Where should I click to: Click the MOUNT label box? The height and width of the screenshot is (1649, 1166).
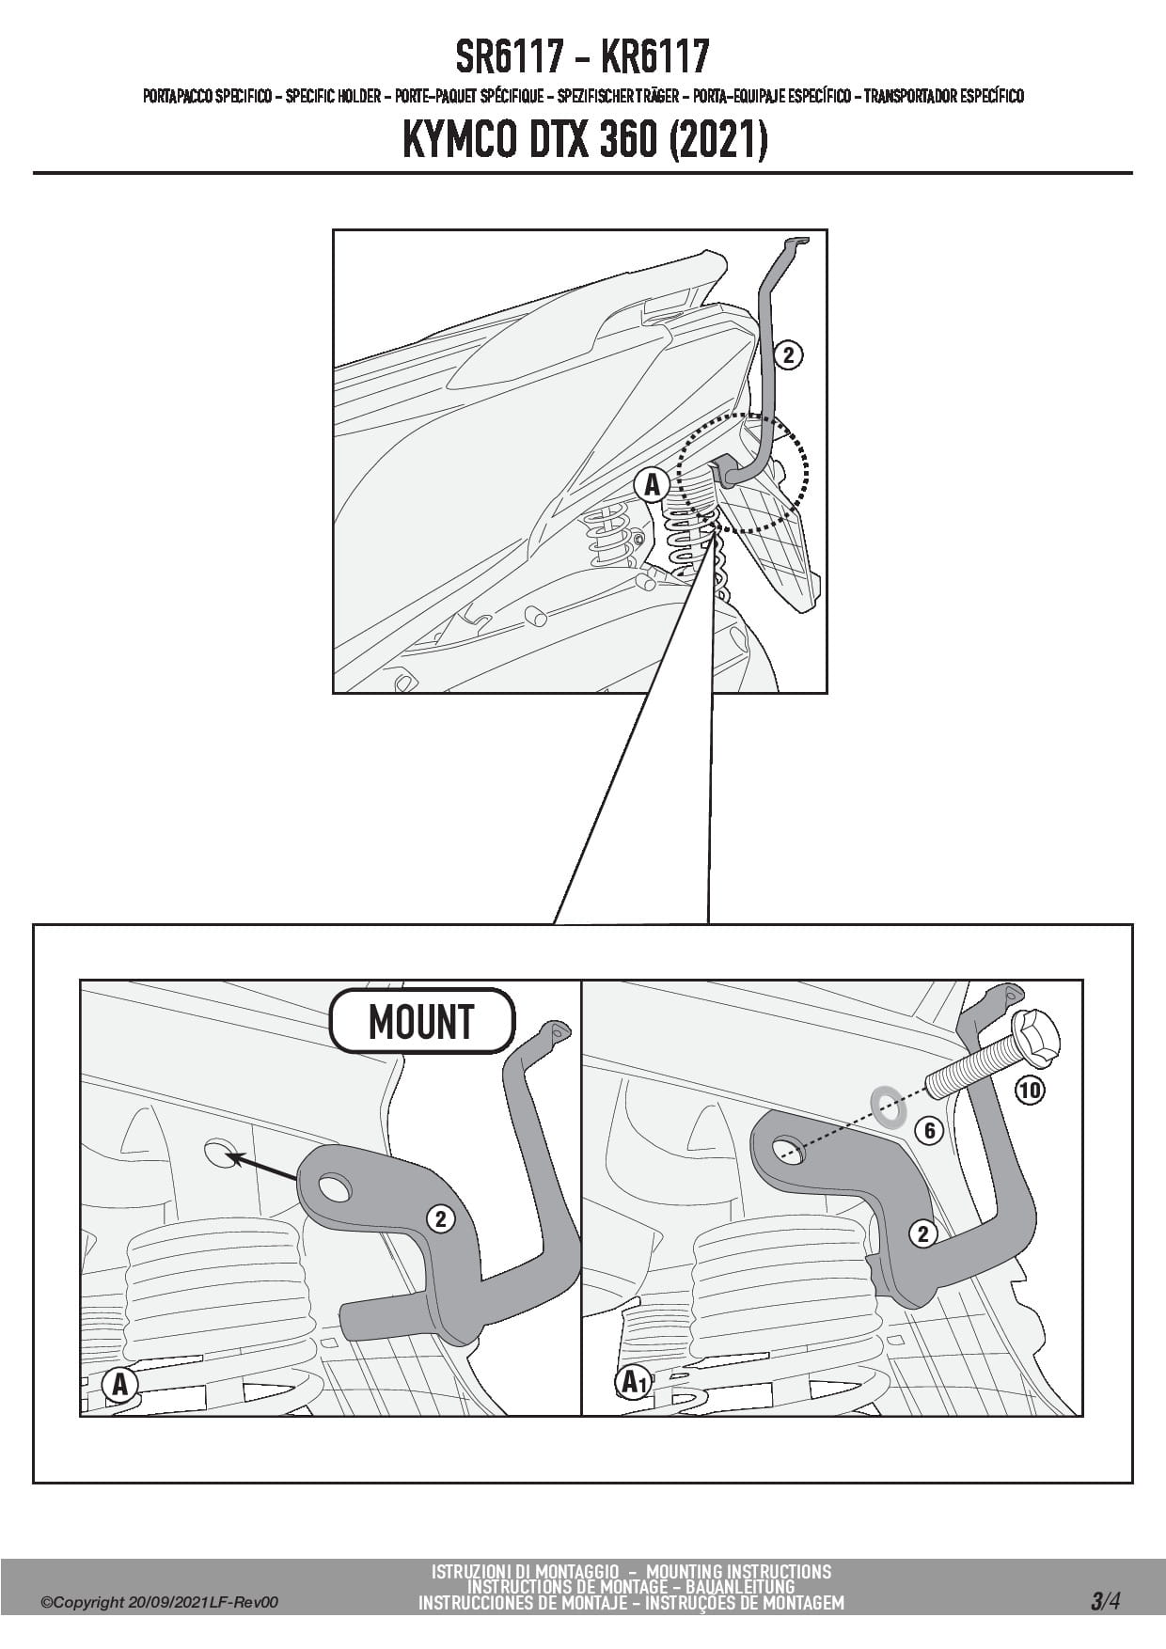click(421, 1021)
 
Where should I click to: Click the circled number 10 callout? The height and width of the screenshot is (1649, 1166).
click(1030, 1090)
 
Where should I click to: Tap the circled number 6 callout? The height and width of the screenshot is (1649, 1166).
click(929, 1130)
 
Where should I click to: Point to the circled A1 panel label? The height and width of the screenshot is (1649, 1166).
click(634, 1382)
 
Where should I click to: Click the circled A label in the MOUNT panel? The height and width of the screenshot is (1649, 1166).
click(119, 1384)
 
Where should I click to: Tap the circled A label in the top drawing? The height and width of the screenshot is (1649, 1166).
click(652, 485)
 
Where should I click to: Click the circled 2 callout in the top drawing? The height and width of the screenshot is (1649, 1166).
click(788, 355)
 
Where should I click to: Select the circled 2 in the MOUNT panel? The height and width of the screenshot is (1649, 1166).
click(440, 1219)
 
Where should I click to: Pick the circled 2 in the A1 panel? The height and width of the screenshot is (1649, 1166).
click(922, 1233)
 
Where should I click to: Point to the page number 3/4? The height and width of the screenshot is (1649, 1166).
click(1106, 1601)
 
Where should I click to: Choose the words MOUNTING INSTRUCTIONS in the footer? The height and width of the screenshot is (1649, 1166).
click(738, 1571)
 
